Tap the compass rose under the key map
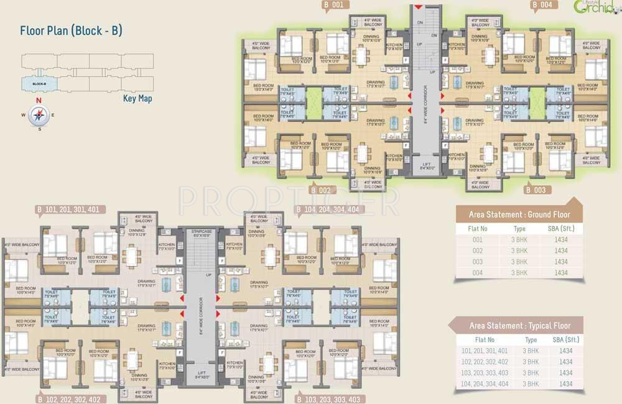[39, 114]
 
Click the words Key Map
[137, 98]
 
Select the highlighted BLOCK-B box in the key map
[39, 83]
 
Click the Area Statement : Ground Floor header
[519, 214]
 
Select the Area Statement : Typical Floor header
[519, 326]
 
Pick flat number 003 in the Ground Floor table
[477, 262]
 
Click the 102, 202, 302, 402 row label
[485, 362]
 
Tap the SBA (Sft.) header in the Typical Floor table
[565, 340]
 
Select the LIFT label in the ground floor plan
[427, 165]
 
